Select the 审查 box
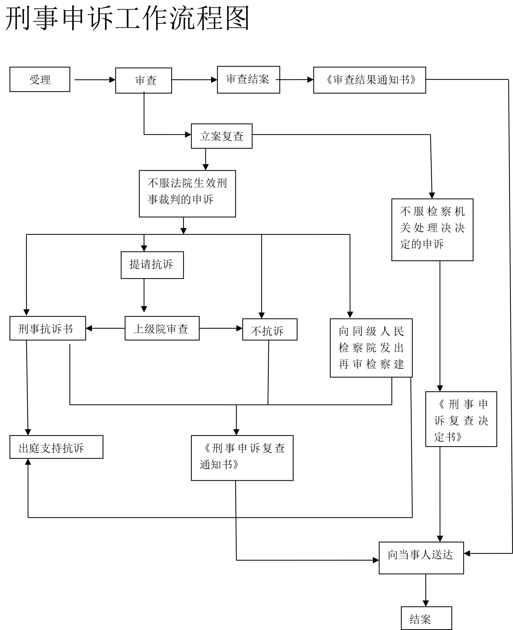[144, 81]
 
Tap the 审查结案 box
[248, 80]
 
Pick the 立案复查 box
[222, 136]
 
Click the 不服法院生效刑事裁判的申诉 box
[187, 194]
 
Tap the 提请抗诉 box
[152, 265]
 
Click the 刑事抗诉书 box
[47, 329]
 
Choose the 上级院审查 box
[162, 329]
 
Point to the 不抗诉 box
[270, 330]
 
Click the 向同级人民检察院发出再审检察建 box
[371, 348]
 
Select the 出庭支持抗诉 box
[56, 447]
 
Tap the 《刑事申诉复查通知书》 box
[242, 458]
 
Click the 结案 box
[426, 618]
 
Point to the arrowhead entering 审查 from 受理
[112, 80]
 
